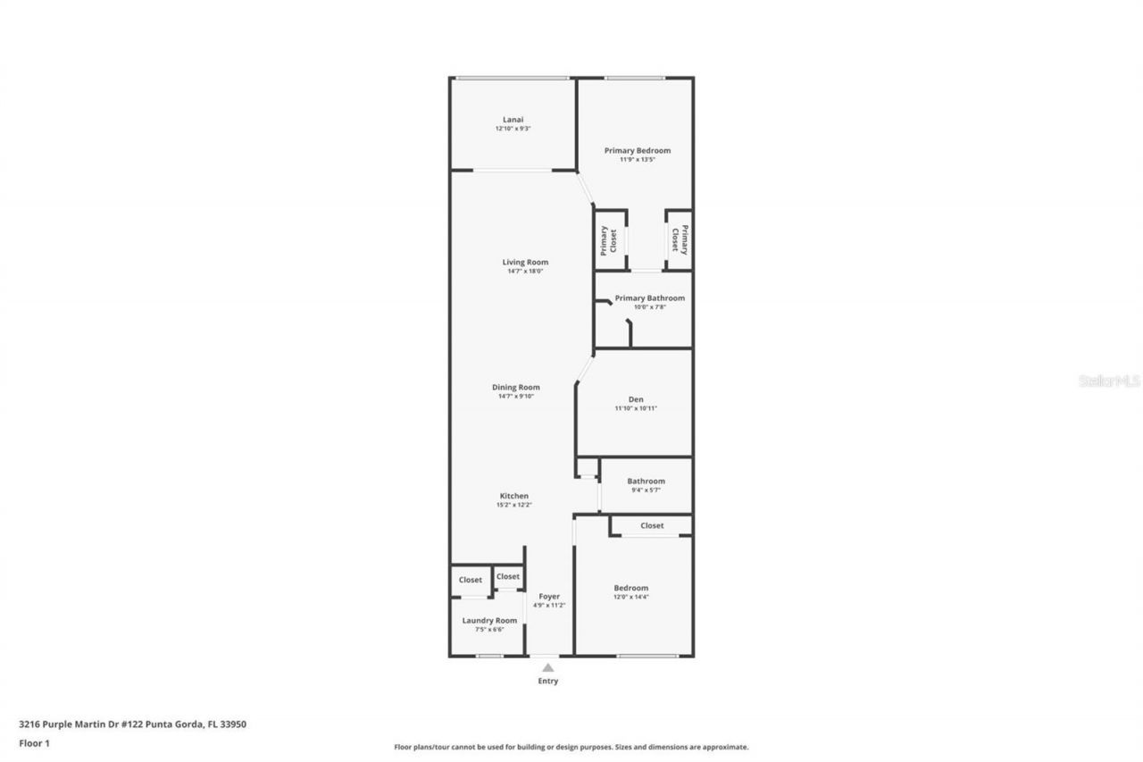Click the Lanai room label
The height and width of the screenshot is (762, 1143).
[513, 120]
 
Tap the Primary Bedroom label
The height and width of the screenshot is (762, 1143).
[637, 151]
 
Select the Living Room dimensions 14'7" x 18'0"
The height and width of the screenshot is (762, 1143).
[524, 271]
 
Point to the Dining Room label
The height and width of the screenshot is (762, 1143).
[516, 388]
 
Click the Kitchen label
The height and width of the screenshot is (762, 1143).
[513, 496]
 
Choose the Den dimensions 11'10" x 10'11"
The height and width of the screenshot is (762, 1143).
[635, 408]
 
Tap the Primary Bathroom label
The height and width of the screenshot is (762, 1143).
[649, 297]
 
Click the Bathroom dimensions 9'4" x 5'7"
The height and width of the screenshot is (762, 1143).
[646, 490]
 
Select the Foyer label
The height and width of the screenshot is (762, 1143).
[548, 596]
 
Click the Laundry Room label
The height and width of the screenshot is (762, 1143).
[489, 620]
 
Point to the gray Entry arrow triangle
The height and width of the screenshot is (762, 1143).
[547, 666]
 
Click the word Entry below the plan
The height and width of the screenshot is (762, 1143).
[547, 681]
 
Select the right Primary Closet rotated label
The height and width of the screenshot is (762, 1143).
[680, 239]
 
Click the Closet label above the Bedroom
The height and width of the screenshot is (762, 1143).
[652, 525]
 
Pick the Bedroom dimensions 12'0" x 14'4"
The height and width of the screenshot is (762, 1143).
[630, 597]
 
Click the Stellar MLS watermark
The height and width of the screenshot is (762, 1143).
[1109, 381]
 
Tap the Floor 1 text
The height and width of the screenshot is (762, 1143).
[34, 742]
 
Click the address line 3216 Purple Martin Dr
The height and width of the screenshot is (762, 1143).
[132, 724]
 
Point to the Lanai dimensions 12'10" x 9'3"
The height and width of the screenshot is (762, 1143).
[513, 129]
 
